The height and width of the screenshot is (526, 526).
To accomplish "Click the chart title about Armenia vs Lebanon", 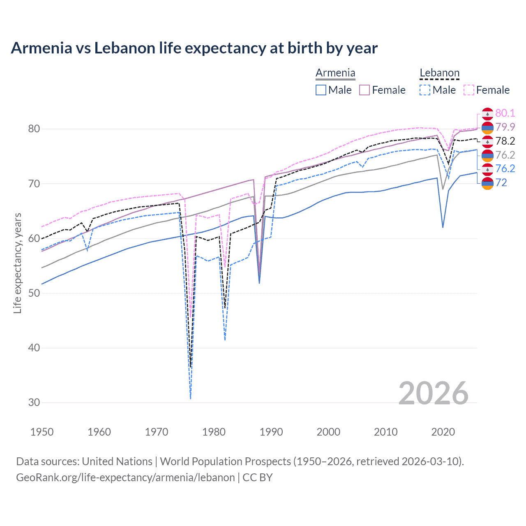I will [x=194, y=48].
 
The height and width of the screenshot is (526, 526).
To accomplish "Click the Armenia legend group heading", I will [x=335, y=73].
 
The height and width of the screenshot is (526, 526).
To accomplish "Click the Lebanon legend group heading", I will [x=439, y=73].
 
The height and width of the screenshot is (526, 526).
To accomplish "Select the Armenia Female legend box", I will [x=365, y=90].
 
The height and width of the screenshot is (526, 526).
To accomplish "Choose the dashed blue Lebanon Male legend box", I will [x=425, y=90].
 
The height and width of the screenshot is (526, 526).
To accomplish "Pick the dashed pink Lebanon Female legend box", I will [x=468, y=90].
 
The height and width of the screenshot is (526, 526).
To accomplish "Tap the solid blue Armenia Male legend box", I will [x=321, y=90].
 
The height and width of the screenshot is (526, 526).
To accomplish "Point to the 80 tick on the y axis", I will [x=34, y=129].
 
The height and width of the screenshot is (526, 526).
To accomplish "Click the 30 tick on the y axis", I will [x=34, y=403].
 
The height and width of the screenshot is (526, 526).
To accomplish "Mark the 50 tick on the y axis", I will [x=34, y=293].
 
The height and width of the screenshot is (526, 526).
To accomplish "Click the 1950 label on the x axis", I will [x=42, y=432].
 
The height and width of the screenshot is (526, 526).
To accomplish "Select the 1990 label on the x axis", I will [x=271, y=432].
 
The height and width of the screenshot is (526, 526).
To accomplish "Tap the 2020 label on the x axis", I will [x=443, y=432].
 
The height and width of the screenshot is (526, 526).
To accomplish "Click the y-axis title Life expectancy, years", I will [x=17, y=263].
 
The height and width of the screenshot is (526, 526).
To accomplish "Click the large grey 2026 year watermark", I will [x=433, y=393].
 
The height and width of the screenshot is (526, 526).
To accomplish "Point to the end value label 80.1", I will [x=505, y=113].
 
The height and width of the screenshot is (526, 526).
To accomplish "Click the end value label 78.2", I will [x=505, y=141].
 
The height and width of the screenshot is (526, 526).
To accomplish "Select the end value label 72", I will [x=501, y=182].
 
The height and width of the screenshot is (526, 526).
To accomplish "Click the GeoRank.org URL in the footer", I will [x=125, y=478].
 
